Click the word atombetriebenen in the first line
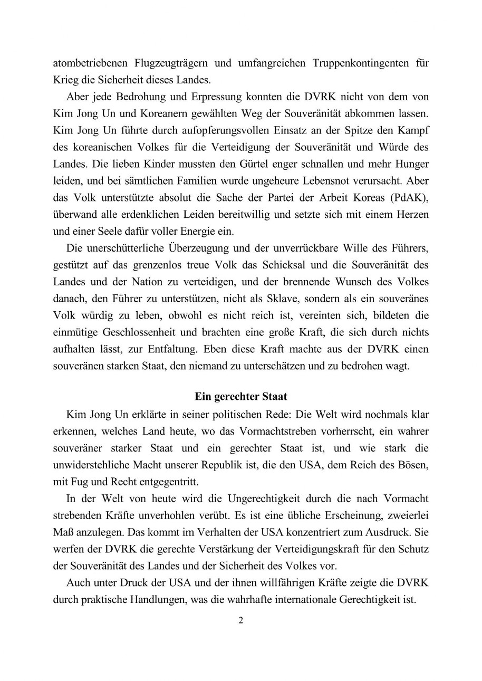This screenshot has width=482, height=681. coord(87,63)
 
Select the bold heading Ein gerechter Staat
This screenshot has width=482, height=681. coord(240,397)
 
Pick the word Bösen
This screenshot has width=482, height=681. coord(415,464)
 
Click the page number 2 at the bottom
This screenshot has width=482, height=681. coord(241,620)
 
